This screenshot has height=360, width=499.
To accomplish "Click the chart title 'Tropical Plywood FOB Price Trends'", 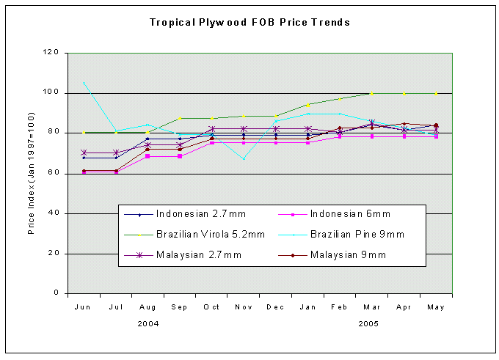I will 250,22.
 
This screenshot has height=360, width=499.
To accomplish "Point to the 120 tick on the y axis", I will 51,53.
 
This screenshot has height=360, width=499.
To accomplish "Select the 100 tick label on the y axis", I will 51,93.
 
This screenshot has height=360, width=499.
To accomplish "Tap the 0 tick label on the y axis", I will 56,293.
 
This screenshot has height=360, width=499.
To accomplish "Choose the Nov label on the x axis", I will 244,306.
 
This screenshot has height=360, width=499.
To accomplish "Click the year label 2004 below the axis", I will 148,323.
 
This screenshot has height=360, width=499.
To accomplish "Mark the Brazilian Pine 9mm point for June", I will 84,82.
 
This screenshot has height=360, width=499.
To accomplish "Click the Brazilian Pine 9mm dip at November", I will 244,158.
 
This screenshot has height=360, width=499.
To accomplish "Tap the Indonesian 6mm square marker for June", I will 84,172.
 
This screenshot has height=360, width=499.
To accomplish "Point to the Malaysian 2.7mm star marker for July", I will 116,153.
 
